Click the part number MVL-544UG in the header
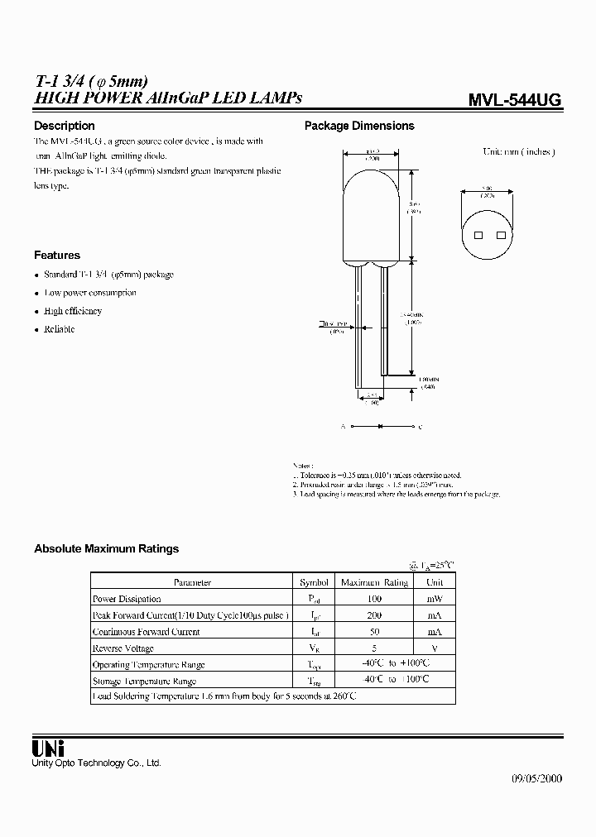pyautogui.click(x=515, y=100)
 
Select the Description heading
pyautogui.click(x=64, y=126)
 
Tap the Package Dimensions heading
pyautogui.click(x=359, y=126)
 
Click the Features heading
pyautogui.click(x=57, y=256)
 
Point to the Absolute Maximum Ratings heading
pyautogui.click(x=106, y=548)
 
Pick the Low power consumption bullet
pyautogui.click(x=90, y=293)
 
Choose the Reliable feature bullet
pyautogui.click(x=59, y=329)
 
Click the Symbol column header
pyautogui.click(x=314, y=582)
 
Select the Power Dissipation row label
pyautogui.click(x=127, y=599)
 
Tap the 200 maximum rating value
pyautogui.click(x=374, y=615)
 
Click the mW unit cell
pyautogui.click(x=434, y=599)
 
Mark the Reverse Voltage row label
pyautogui.click(x=123, y=648)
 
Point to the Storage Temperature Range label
pyautogui.click(x=145, y=682)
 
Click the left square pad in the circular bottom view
pyautogui.click(x=478, y=236)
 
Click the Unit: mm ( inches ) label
pyautogui.click(x=519, y=152)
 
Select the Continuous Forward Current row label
pyautogui.click(x=146, y=632)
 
